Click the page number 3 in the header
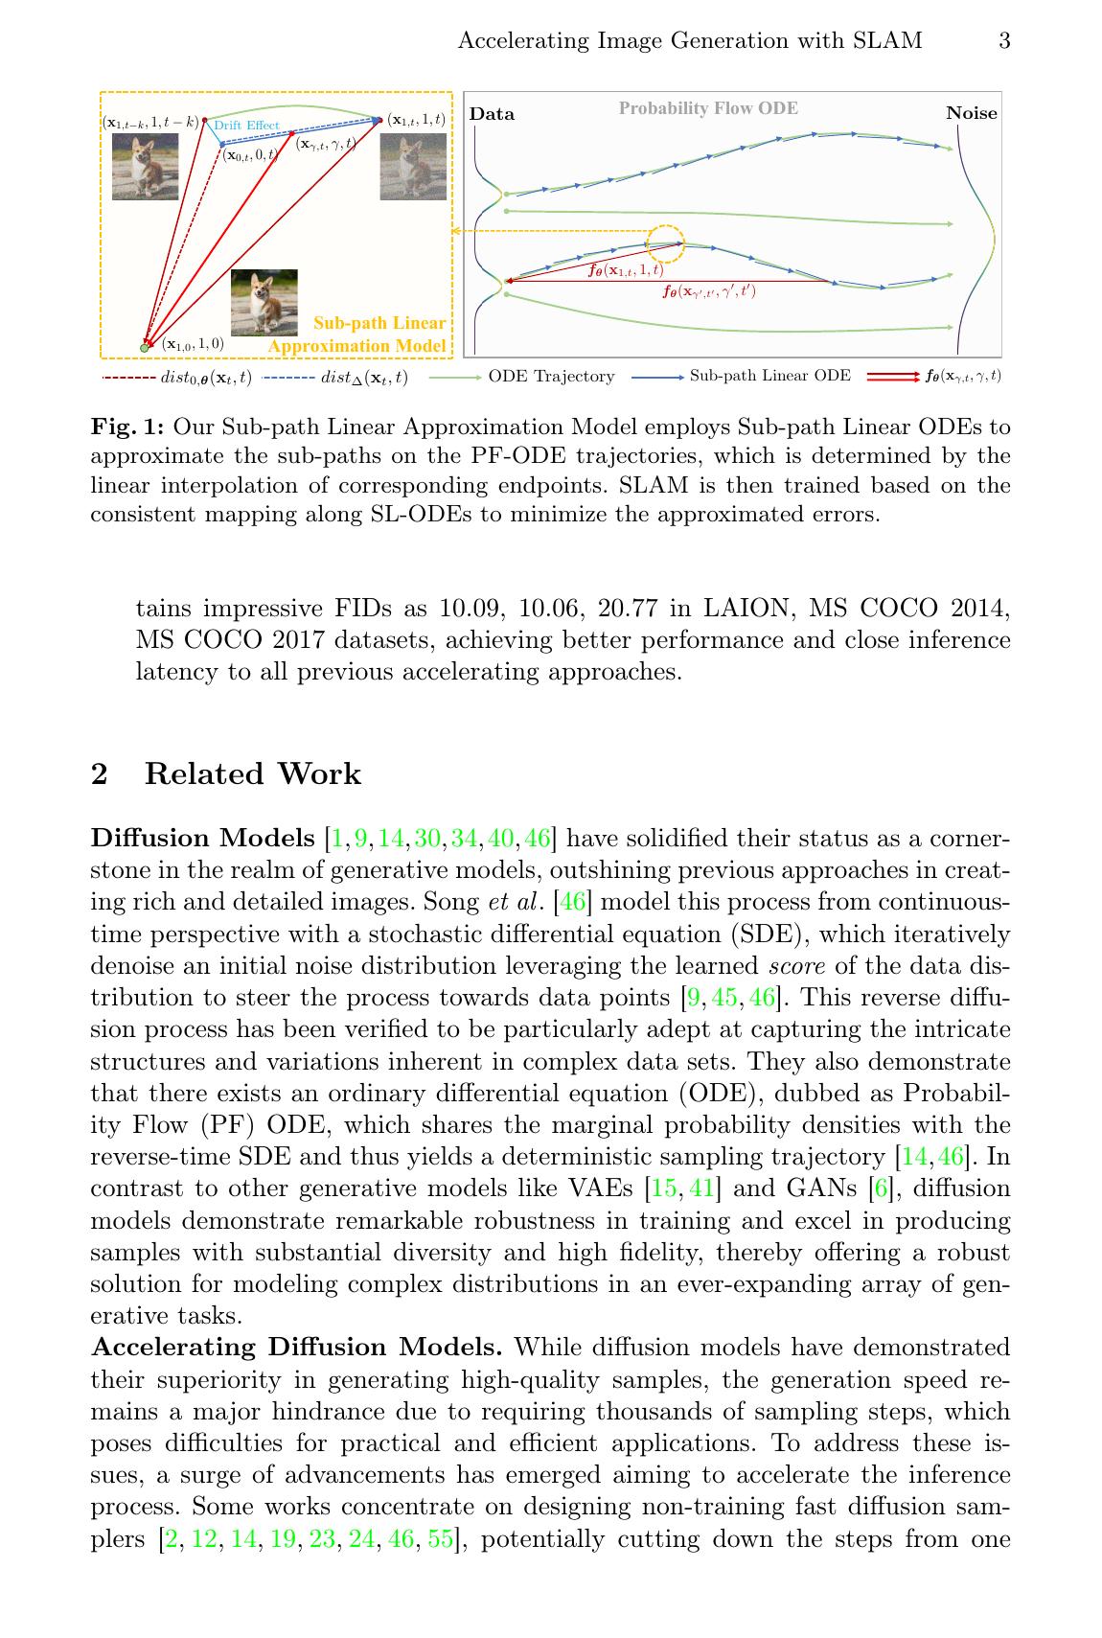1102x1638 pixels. [x=1004, y=40]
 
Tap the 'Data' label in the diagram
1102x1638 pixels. [x=492, y=114]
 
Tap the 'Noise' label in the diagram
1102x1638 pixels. [x=971, y=113]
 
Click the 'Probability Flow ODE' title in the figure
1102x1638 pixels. [x=707, y=108]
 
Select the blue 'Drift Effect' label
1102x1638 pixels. [x=246, y=126]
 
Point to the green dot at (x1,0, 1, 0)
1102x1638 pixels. [x=145, y=347]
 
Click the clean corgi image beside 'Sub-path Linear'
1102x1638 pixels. [x=264, y=302]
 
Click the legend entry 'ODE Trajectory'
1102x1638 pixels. [x=551, y=377]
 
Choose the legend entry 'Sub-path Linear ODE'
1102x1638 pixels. [x=769, y=376]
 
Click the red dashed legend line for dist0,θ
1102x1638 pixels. [x=128, y=378]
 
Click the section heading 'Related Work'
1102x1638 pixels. [x=252, y=773]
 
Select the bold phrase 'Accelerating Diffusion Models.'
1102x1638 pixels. [x=296, y=1347]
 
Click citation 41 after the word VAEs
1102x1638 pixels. [x=701, y=1188]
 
